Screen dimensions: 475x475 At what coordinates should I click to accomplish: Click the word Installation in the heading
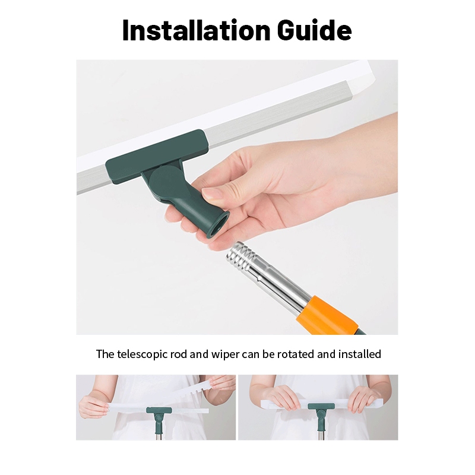(x=196, y=30)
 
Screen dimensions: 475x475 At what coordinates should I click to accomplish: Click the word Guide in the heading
(x=314, y=30)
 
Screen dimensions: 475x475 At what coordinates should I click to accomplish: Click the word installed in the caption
(x=360, y=354)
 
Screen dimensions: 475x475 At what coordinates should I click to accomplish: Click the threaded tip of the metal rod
(x=239, y=256)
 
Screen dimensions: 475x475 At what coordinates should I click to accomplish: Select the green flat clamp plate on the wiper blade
(x=157, y=156)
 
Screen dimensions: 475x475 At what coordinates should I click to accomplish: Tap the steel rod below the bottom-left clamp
(x=159, y=436)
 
